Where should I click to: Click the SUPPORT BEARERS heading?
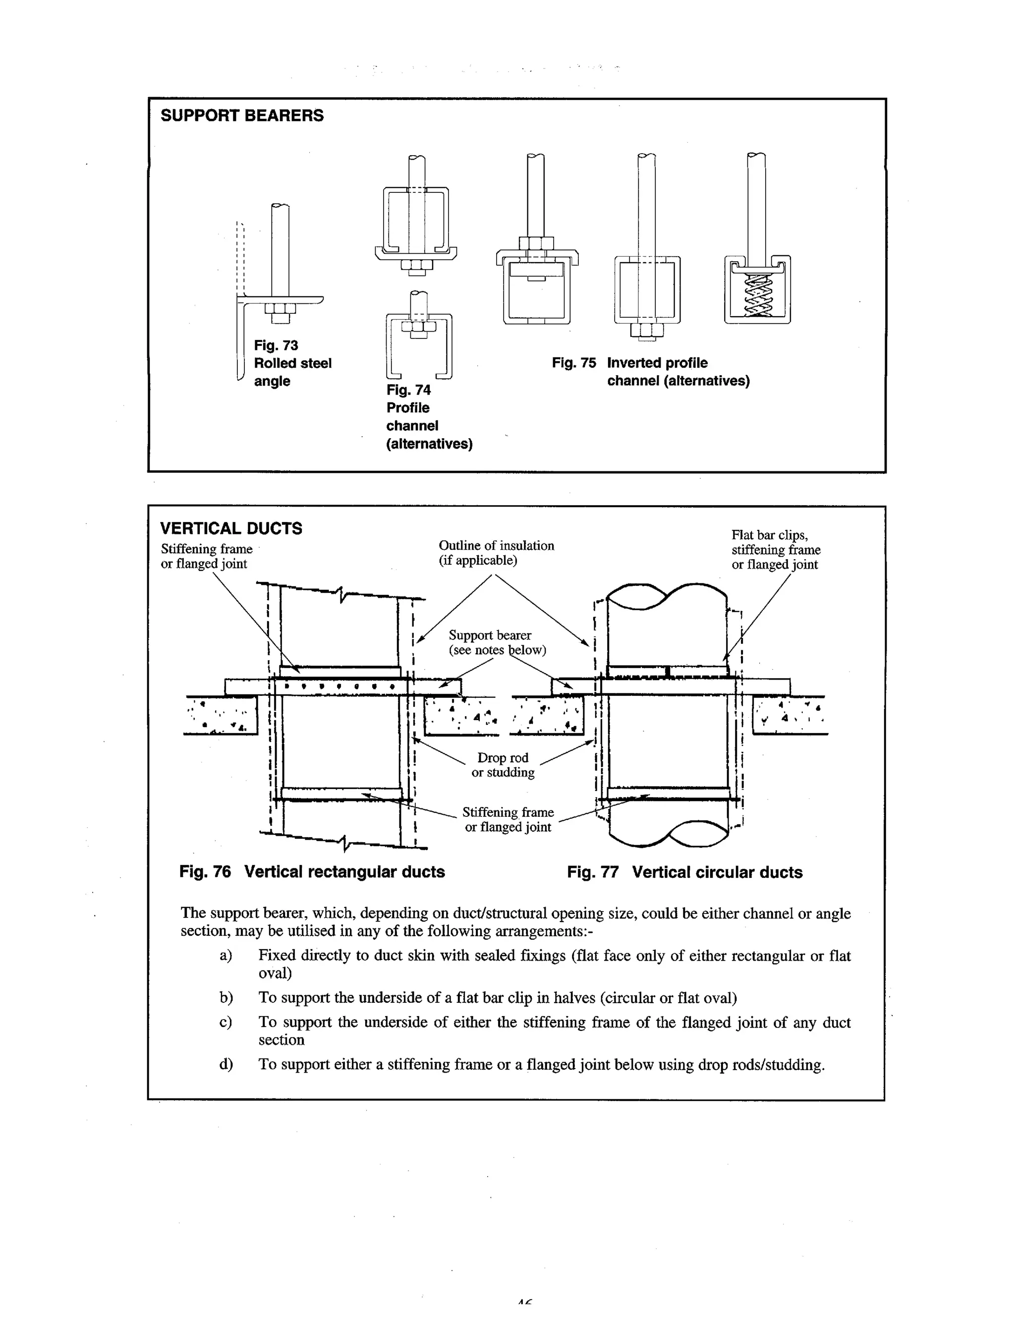(242, 116)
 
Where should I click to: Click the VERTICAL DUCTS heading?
(231, 528)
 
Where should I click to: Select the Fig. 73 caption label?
(276, 345)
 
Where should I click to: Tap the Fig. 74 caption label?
(408, 390)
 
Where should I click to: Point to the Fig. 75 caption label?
(573, 363)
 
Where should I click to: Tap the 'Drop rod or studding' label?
(503, 765)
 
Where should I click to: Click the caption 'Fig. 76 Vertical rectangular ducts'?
(312, 872)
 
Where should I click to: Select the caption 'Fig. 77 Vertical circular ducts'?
(684, 872)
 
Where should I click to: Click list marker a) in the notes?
(226, 956)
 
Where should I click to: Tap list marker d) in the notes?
(226, 1064)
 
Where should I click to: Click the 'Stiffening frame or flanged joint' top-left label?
(206, 556)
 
